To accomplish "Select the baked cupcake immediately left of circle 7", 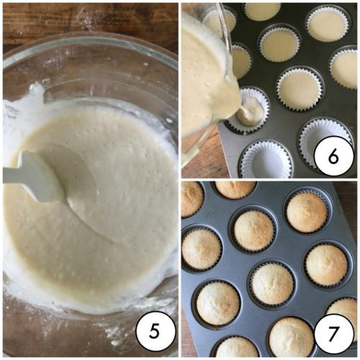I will tap(292, 336).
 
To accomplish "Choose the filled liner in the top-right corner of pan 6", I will tap(327, 25).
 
